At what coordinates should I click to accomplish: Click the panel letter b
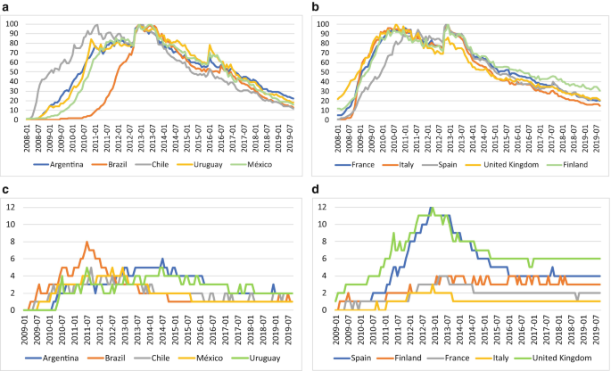(x=314, y=7)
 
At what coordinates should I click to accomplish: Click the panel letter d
(x=314, y=190)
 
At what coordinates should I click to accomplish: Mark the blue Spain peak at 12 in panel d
(x=432, y=209)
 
